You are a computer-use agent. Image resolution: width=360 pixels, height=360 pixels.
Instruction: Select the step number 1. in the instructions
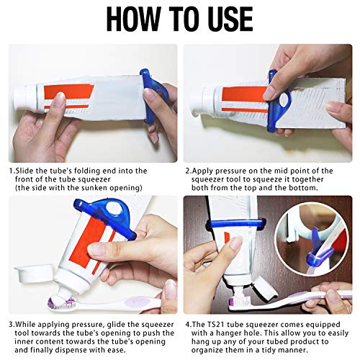coord(12,171)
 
